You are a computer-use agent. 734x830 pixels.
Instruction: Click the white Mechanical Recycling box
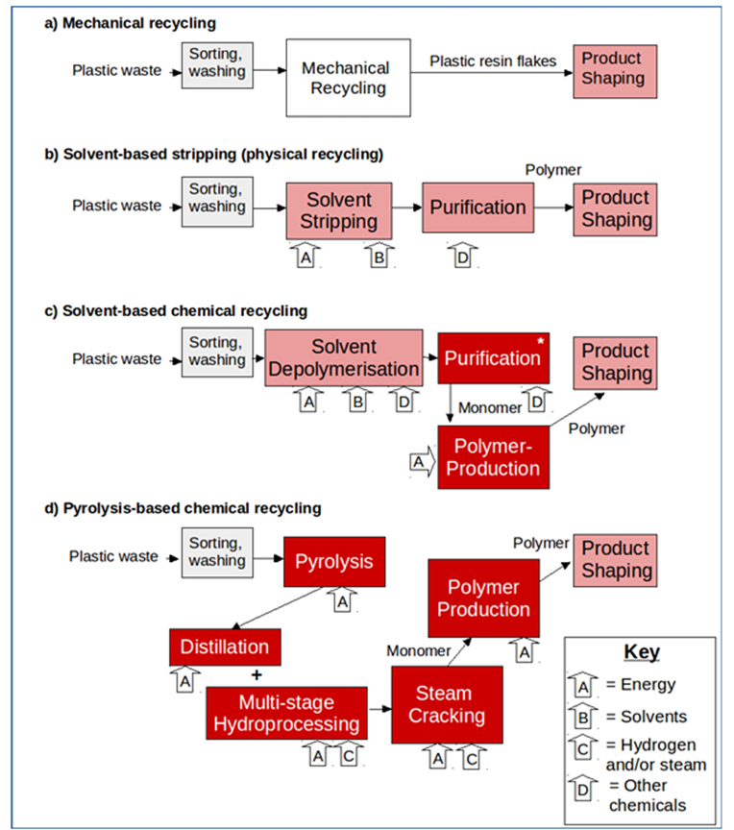[345, 79]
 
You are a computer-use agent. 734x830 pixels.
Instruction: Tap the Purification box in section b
[477, 207]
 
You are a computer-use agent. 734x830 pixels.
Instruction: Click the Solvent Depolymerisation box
[344, 357]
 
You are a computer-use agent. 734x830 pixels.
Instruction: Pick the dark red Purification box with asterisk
[491, 358]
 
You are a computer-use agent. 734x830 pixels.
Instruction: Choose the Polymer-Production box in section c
[496, 456]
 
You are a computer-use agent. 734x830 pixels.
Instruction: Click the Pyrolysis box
[333, 560]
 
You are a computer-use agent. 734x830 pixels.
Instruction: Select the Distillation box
[225, 646]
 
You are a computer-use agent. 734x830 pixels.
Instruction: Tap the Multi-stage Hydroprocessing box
[286, 713]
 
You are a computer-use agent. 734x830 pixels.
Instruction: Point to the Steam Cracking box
[447, 704]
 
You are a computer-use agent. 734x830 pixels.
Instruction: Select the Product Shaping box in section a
[615, 70]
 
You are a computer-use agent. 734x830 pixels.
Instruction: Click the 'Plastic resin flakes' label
[493, 61]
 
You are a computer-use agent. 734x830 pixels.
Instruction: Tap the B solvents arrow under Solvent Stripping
[378, 256]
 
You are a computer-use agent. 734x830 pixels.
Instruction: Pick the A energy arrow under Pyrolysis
[343, 602]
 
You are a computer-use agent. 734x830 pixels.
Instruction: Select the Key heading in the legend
[641, 652]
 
